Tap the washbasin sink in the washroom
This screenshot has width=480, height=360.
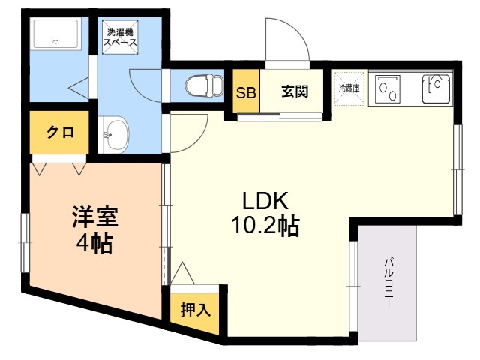pos(114,136)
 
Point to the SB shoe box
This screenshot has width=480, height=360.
pos(245,93)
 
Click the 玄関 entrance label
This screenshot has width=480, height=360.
pos(293,92)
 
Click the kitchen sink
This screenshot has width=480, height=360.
pos(436,88)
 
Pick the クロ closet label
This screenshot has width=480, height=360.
pos(60,133)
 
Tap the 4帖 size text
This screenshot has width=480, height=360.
pos(94,244)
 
